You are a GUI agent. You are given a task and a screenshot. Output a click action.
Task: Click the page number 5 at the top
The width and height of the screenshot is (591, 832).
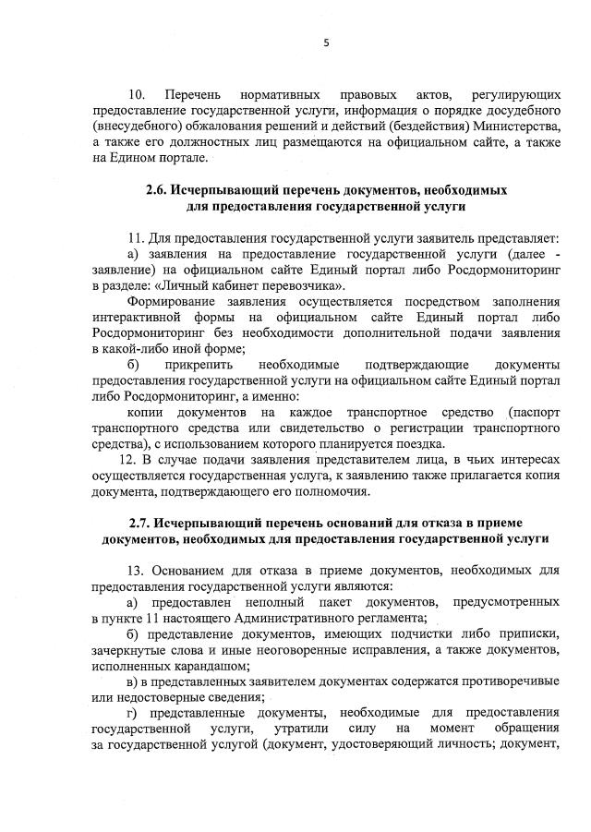327,43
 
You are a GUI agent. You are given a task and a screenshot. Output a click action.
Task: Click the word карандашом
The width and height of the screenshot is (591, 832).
205,665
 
